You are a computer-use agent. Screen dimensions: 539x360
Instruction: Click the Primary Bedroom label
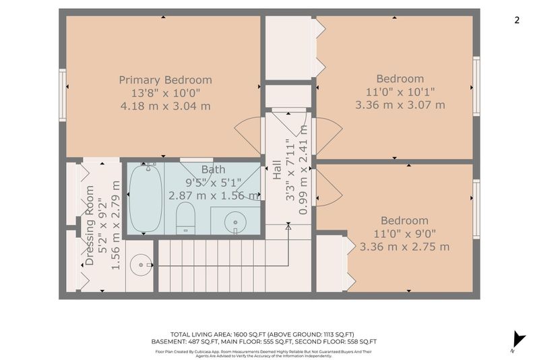[x=165, y=80]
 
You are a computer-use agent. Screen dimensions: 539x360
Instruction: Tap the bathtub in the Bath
[x=146, y=198]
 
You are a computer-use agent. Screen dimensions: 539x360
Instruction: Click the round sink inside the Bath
[x=235, y=222]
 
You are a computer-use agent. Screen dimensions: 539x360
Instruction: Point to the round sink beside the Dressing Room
[x=141, y=265]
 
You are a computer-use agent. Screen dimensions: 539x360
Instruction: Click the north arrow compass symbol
[x=518, y=340]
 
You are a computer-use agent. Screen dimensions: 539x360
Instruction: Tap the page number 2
[x=517, y=20]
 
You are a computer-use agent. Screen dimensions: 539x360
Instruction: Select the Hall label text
[x=277, y=170]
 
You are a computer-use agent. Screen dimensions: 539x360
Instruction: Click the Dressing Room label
[x=90, y=226]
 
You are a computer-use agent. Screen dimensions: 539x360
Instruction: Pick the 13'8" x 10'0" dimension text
[x=165, y=93]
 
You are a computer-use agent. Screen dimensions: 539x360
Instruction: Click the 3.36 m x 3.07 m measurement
[x=400, y=105]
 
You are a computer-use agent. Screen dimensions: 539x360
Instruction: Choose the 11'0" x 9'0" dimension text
[x=405, y=234]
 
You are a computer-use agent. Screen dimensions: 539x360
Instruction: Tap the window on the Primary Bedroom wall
[x=62, y=95]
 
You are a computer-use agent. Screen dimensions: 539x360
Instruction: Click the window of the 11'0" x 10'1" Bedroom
[x=476, y=86]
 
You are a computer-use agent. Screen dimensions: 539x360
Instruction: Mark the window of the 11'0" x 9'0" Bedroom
[x=476, y=209]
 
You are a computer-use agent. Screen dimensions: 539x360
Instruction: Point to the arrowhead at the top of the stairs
[x=288, y=227]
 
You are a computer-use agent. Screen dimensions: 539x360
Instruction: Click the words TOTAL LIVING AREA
[x=201, y=334]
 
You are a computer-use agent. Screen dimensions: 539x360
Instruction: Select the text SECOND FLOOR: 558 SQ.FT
[x=336, y=342]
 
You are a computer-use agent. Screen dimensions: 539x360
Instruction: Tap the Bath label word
[x=213, y=169]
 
